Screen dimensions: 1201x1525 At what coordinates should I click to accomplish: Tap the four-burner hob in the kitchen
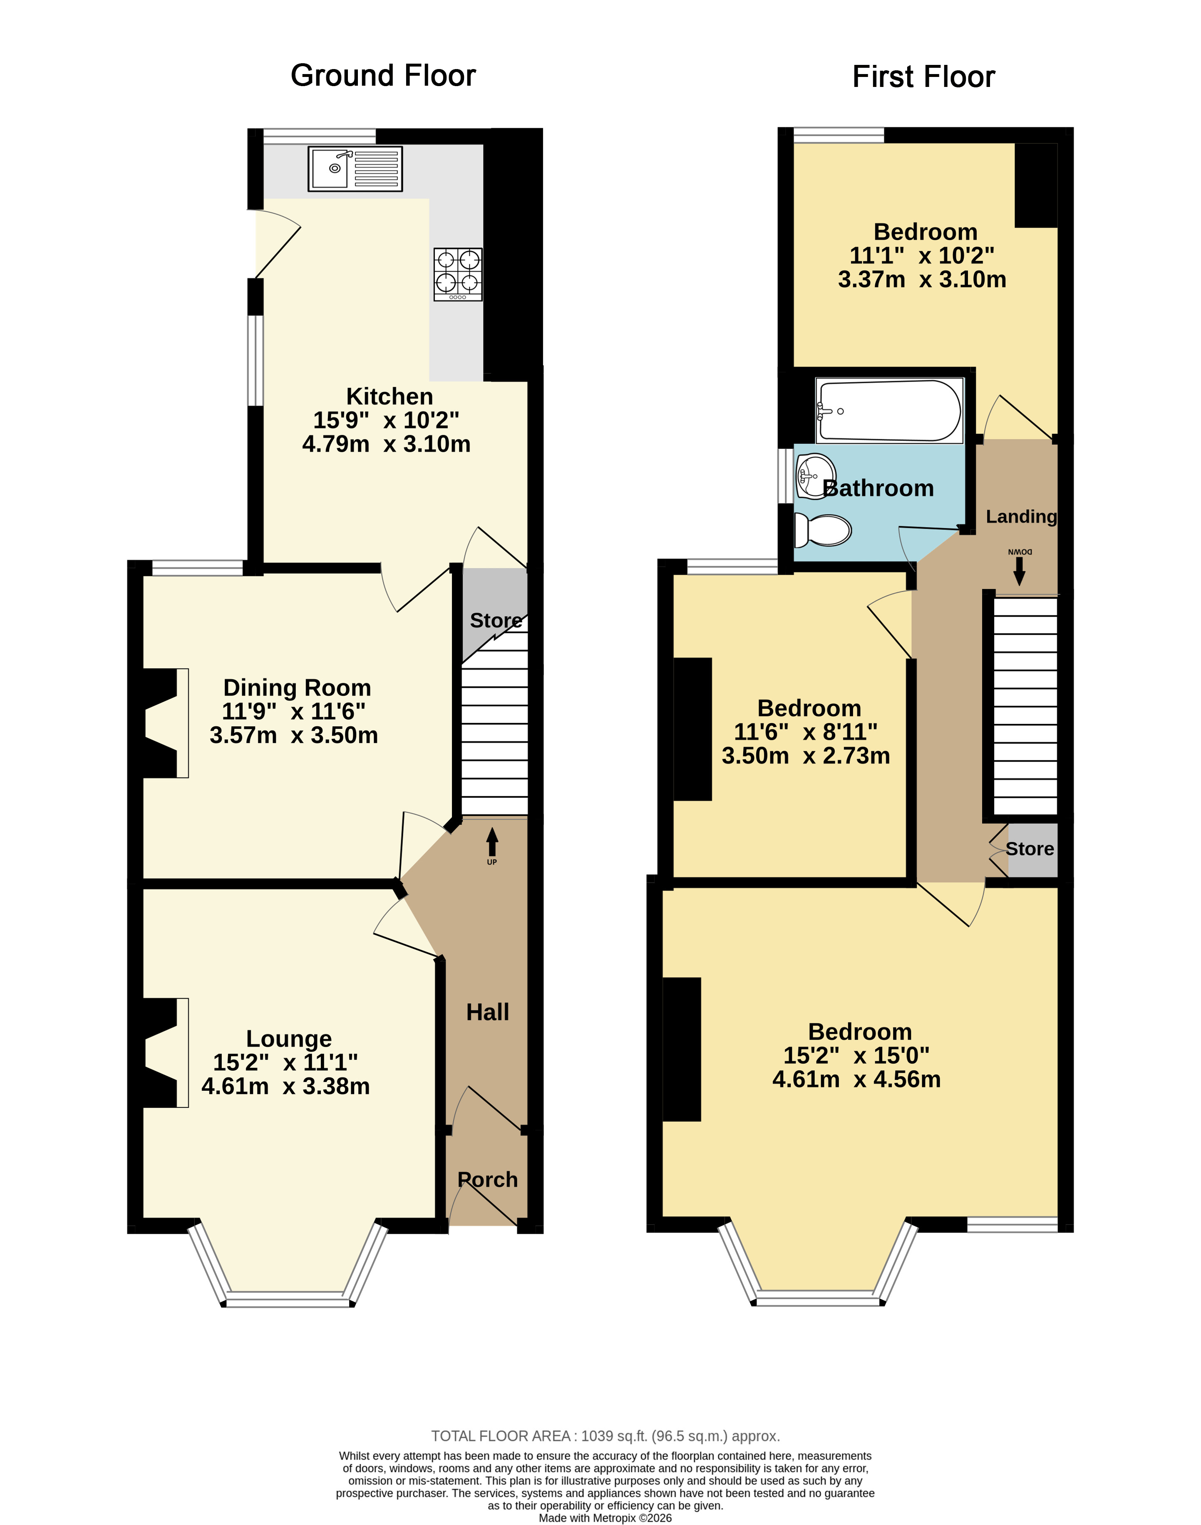click(x=458, y=274)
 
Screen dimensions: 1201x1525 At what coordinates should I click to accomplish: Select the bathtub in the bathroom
click(x=889, y=411)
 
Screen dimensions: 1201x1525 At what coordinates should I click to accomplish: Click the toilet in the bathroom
click(x=823, y=530)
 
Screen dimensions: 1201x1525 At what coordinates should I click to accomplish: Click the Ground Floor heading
click(x=383, y=75)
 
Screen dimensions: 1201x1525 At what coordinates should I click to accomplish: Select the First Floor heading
click(x=923, y=77)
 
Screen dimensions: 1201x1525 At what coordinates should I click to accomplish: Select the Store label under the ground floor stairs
click(x=496, y=621)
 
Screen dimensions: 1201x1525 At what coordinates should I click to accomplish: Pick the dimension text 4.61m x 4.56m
click(x=856, y=1079)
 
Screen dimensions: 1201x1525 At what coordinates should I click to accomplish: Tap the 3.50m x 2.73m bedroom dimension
click(x=806, y=755)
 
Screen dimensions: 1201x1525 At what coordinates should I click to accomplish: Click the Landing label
click(x=1021, y=517)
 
